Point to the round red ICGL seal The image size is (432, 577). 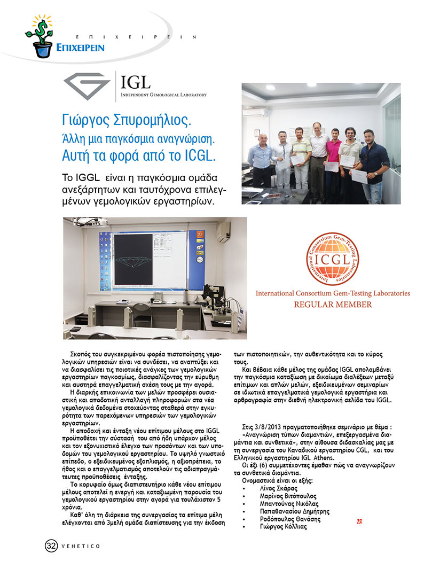point(333,258)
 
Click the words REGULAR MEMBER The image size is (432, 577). point(333,305)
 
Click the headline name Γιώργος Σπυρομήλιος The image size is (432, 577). point(125,119)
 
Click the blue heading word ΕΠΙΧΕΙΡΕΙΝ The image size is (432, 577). point(80,48)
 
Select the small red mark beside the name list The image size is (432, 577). point(359,520)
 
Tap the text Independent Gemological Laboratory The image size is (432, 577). point(163,95)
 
